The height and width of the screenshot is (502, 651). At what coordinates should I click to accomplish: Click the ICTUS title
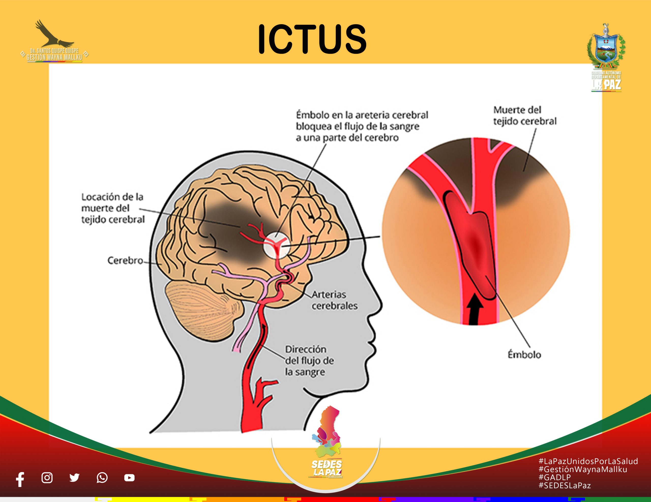312,39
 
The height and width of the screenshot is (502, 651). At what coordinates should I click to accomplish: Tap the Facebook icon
20,479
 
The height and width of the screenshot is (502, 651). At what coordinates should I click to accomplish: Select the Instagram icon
47,478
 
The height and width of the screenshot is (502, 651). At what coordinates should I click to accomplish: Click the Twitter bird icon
74,478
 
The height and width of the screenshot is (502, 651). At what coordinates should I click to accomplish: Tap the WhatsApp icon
102,478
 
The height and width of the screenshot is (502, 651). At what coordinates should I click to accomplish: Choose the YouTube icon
129,478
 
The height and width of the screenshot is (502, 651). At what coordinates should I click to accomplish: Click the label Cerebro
125,261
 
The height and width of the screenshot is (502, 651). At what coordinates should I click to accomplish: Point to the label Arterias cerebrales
334,300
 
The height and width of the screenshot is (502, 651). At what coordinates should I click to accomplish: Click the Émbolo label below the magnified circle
524,355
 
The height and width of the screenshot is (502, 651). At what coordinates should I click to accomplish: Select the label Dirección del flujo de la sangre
309,361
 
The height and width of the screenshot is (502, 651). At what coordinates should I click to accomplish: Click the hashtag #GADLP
555,478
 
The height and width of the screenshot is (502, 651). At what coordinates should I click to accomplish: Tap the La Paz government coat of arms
606,49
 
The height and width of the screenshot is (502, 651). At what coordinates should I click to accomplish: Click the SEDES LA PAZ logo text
327,468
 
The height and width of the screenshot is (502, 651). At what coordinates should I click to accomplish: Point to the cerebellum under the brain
203,307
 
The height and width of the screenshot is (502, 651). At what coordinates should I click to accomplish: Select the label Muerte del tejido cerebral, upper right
525,116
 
